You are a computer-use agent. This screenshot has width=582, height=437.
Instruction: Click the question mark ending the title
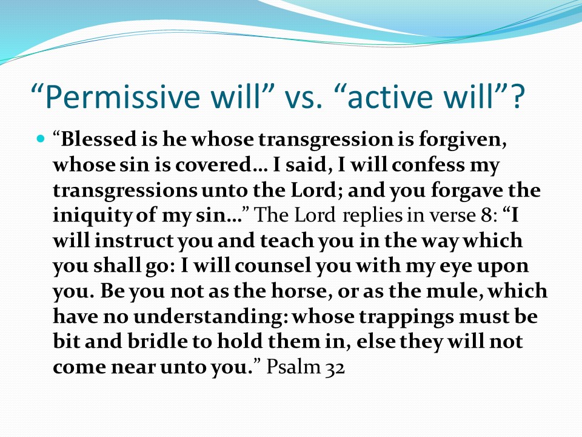[517, 97]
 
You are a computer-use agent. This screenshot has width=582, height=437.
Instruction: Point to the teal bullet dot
[41, 140]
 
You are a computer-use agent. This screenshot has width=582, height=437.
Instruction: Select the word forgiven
[463, 140]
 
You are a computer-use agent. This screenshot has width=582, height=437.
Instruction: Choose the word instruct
[133, 241]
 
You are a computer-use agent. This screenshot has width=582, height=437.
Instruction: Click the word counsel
[272, 266]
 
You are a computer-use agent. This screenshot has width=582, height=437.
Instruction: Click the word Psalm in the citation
[293, 367]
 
